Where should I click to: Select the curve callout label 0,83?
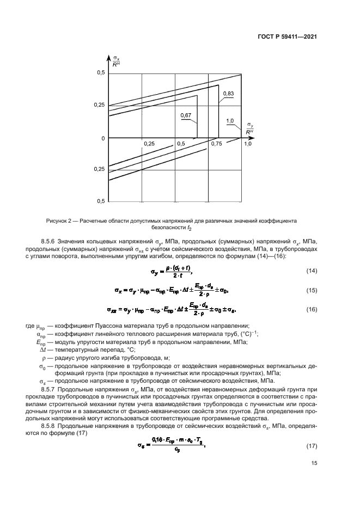(228, 94)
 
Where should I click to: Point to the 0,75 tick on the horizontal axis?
(216, 143)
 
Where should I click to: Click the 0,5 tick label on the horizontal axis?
(181, 143)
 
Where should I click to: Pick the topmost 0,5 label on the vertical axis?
(100, 72)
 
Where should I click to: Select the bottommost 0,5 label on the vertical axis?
(100, 201)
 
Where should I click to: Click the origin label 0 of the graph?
(102, 138)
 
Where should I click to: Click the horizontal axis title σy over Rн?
(249, 128)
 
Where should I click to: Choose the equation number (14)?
(310, 271)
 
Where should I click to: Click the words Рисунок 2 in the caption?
(62, 222)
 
